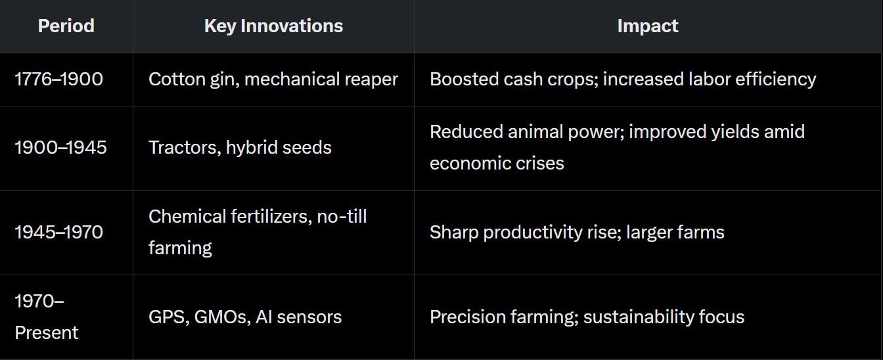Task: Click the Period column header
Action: (66, 26)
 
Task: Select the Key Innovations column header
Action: (273, 26)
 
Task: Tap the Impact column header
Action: (648, 26)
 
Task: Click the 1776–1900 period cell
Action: (58, 79)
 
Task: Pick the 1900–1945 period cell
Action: (60, 147)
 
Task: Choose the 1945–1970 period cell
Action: (58, 232)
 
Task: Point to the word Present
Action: (47, 333)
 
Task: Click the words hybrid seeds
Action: (279, 148)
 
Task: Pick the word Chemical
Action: (187, 217)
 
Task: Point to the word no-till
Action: (342, 217)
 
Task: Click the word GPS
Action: (169, 317)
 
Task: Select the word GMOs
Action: (222, 317)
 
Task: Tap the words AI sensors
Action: (298, 317)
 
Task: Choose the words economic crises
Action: (497, 163)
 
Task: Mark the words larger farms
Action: (675, 233)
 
